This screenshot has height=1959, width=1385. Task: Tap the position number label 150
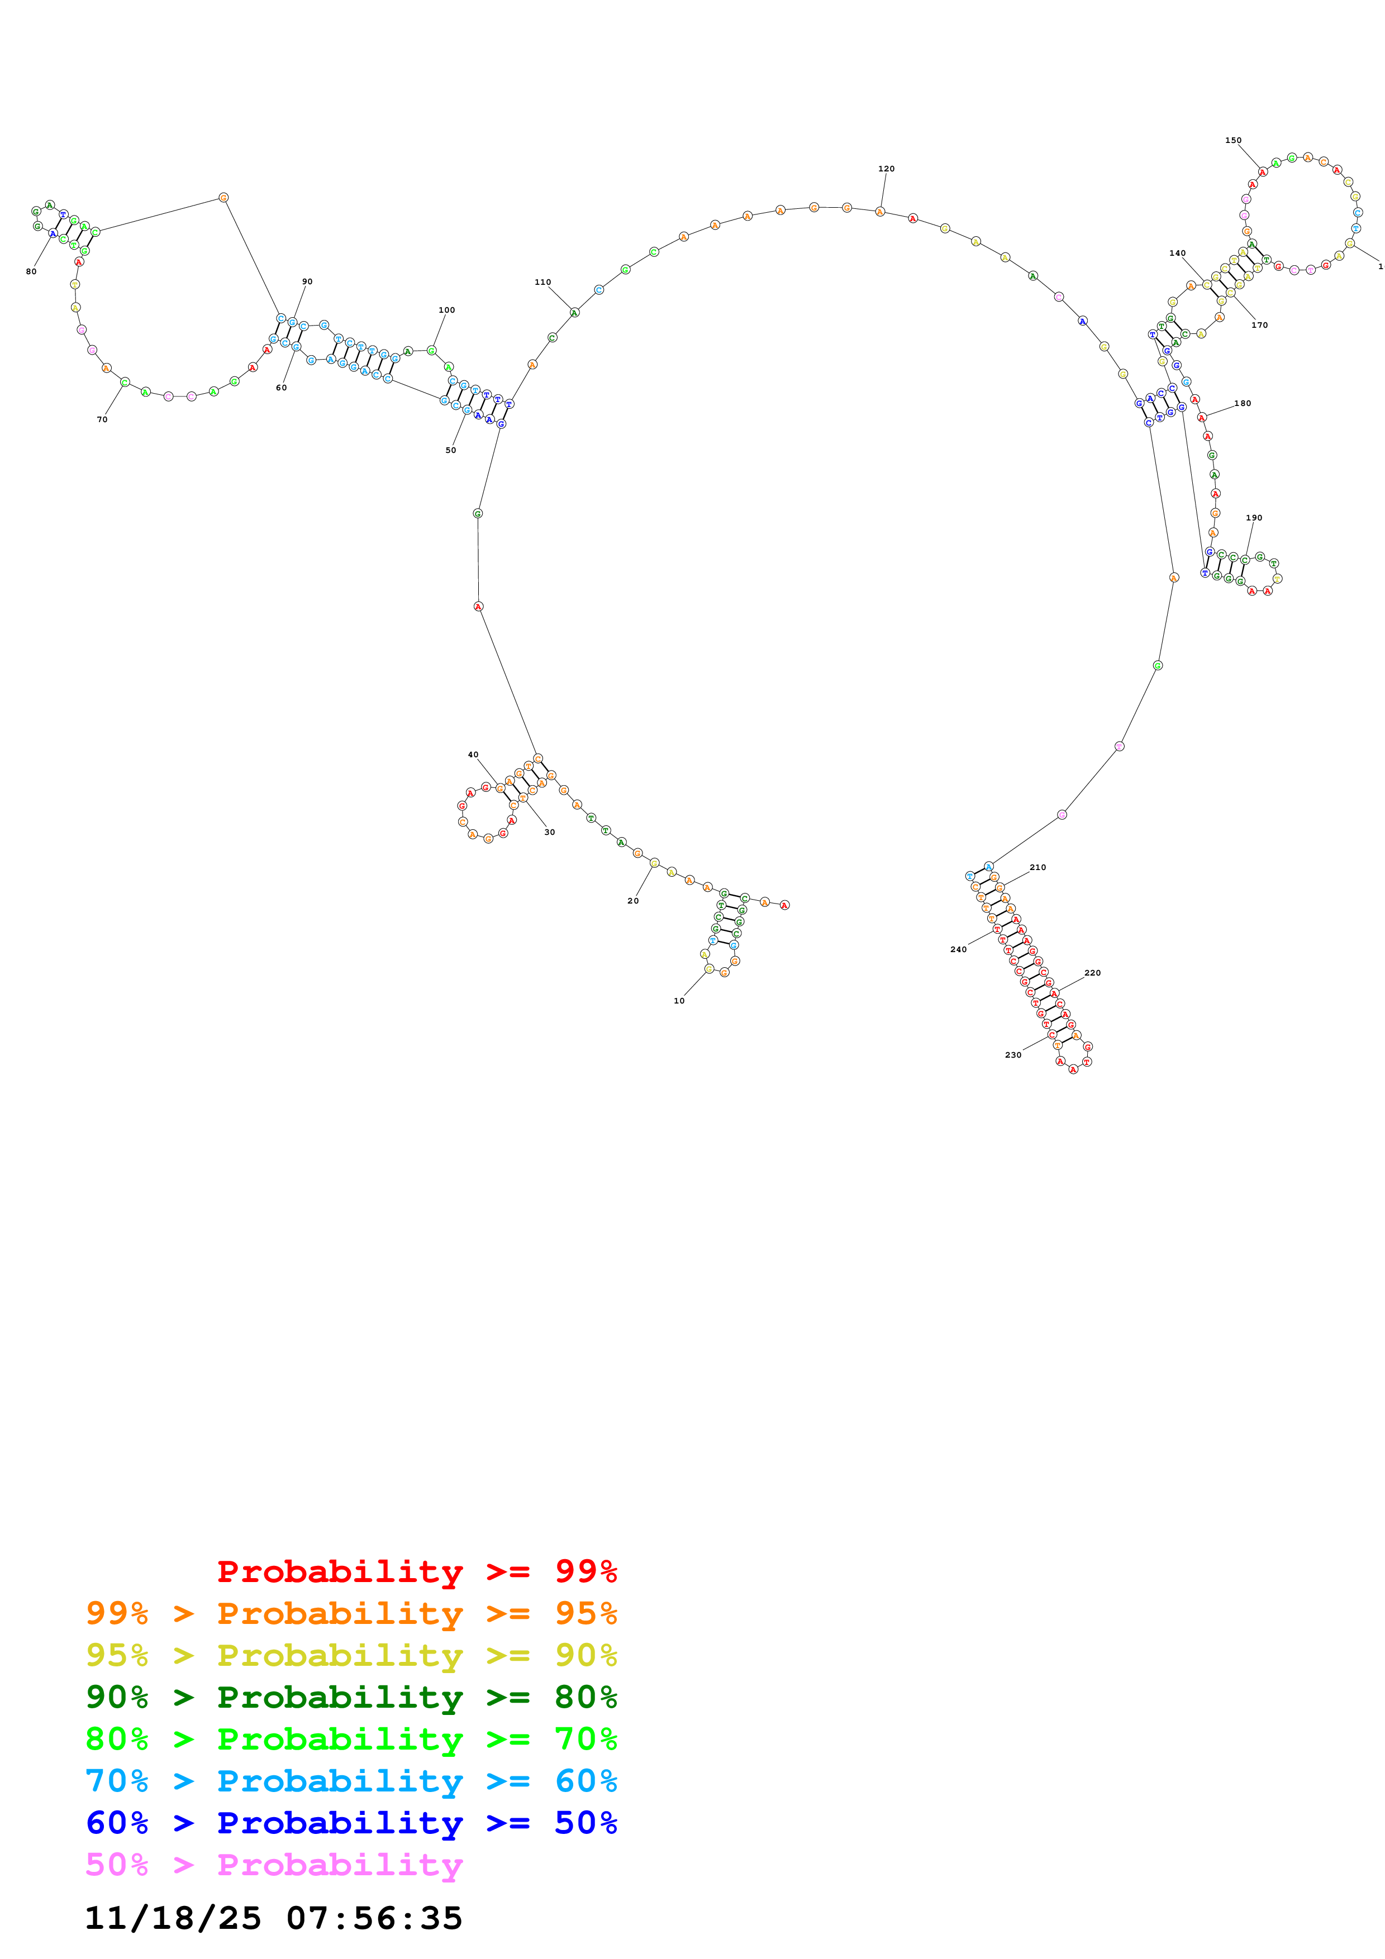coord(1232,141)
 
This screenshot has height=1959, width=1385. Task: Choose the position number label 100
coord(446,310)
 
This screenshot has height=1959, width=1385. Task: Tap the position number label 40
coord(473,755)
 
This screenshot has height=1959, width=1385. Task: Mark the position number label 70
coord(102,420)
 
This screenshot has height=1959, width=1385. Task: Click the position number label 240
coord(958,950)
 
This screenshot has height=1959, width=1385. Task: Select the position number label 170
coord(1259,325)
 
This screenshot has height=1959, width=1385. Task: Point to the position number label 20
coord(632,901)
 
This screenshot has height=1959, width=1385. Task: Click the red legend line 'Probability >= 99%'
coord(416,1571)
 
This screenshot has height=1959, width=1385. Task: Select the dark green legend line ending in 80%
coord(351,1697)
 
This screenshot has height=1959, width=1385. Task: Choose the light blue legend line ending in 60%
coord(351,1781)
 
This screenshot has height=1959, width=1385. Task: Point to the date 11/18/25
coord(173,1918)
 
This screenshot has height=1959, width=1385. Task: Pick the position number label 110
coord(542,283)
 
